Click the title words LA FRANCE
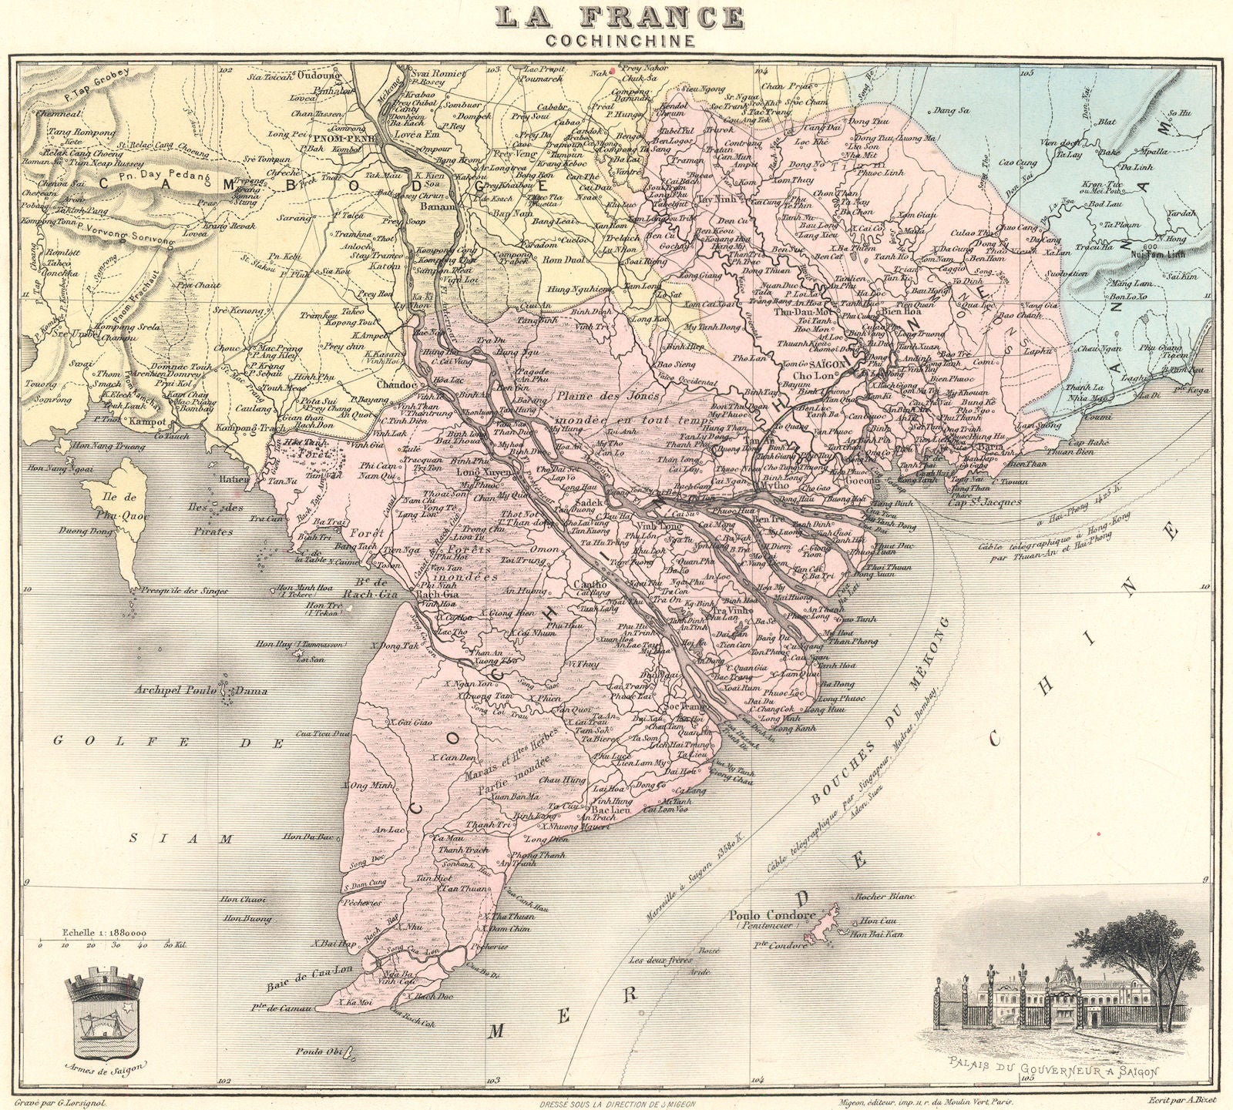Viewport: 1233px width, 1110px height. (x=620, y=17)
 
